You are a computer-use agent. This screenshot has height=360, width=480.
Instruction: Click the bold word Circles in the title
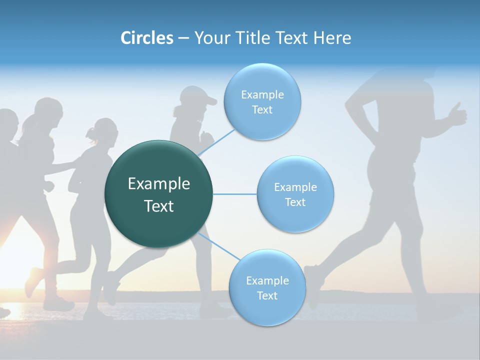[146, 38]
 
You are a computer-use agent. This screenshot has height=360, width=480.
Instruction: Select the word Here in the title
[332, 38]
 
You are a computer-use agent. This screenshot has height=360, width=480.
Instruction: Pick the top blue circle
[262, 125]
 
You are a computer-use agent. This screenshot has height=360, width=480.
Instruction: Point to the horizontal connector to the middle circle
[235, 194]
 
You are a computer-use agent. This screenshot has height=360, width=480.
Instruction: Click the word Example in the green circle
[159, 184]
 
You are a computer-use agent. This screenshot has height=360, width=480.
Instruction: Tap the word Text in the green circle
[159, 206]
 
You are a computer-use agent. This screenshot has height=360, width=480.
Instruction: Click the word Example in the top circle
[262, 95]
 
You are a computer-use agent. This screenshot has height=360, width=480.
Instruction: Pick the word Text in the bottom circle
[267, 295]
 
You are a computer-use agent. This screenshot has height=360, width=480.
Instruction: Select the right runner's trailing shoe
[312, 285]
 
